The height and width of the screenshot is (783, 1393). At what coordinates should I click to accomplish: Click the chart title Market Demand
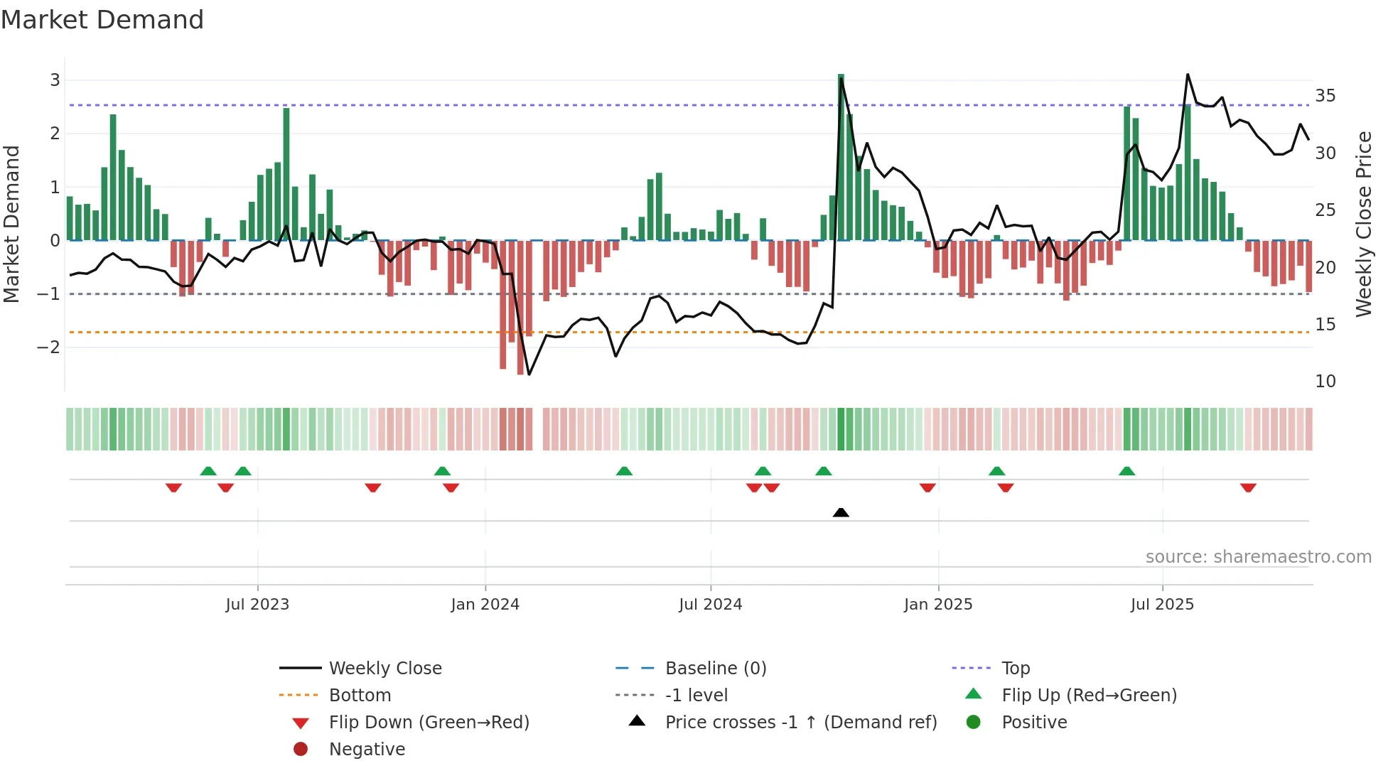point(102,20)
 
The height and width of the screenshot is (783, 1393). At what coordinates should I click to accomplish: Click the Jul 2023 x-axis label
point(257,605)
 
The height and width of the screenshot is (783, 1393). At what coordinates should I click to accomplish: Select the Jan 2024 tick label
point(485,605)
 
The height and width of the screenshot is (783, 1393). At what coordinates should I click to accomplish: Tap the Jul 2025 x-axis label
point(1162,605)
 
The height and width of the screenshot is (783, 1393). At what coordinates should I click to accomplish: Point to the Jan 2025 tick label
point(938,605)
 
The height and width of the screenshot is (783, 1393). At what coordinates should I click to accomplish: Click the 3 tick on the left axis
point(55,80)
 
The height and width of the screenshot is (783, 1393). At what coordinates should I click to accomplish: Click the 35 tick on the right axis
point(1325,96)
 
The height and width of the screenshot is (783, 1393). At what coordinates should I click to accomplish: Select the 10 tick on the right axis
point(1325,382)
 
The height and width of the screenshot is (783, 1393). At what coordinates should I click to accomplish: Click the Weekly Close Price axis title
point(1363,224)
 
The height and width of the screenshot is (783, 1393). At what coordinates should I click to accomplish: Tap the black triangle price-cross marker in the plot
point(841,512)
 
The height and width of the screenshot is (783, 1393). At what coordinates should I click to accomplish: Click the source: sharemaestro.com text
point(1258,557)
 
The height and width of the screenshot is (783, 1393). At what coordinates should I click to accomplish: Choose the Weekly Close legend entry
point(384,669)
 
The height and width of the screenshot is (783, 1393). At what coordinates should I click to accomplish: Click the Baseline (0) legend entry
point(715,669)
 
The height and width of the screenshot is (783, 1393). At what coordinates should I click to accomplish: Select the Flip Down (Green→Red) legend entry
point(429,723)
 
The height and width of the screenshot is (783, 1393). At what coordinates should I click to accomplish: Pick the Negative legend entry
point(367,750)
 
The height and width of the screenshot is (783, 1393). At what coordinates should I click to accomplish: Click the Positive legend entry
point(1033,723)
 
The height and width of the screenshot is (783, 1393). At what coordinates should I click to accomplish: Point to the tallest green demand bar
point(841,156)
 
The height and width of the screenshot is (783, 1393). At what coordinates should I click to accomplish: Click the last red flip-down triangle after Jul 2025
point(1248,488)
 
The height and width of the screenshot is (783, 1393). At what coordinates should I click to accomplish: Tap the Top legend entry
point(1015,669)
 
